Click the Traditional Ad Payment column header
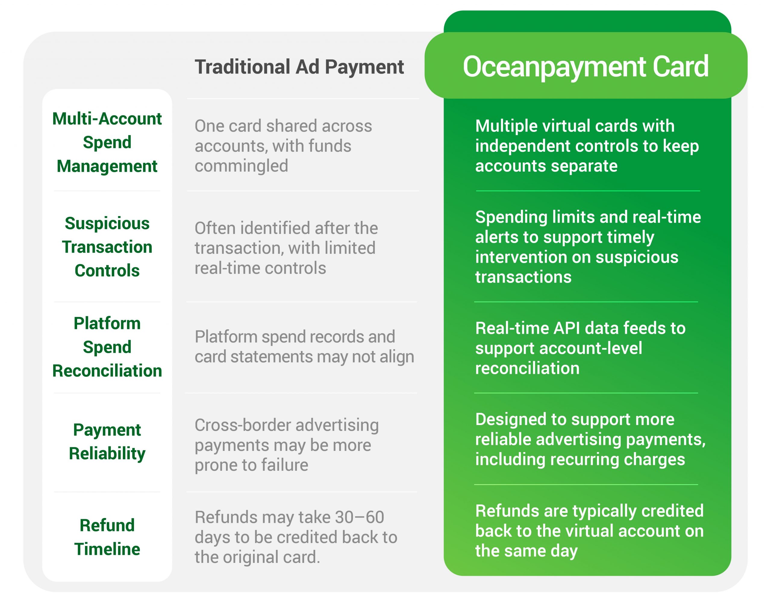299,67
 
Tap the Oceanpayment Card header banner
586,66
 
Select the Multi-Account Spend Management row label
107,142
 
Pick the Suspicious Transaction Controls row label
107,247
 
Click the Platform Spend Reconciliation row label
107,347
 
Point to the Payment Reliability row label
107,442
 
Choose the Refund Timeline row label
107,537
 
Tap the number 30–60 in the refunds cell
359,517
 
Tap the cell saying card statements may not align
304,347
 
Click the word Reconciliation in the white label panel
107,371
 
